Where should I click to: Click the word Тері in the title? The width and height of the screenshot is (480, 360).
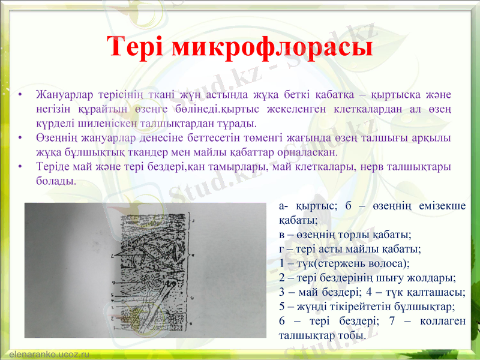139,47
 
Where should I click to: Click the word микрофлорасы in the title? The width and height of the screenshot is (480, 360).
273,48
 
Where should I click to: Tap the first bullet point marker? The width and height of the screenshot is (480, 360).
22,95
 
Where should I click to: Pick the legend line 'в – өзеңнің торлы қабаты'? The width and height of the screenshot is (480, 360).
344,234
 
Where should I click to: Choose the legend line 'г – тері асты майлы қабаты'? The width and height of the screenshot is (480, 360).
349,248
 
